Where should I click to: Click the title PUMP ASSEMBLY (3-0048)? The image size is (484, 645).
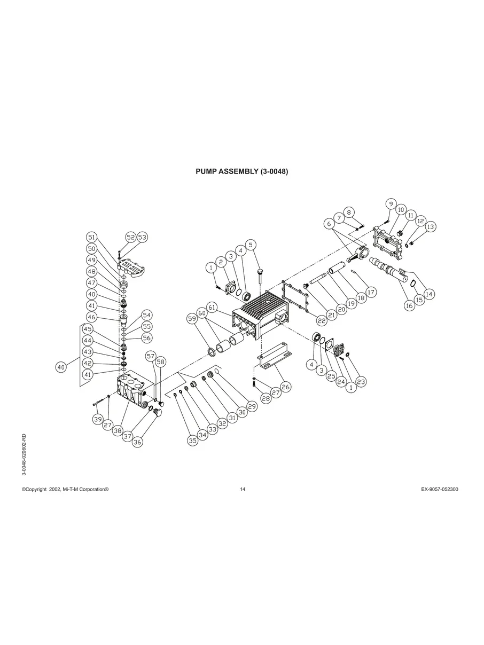pos(242,172)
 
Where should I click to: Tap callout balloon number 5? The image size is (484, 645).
pos(251,245)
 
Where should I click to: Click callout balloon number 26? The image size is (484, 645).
pos(286,387)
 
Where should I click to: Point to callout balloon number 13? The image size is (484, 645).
pos(431,226)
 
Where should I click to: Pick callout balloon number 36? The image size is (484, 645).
pos(138,442)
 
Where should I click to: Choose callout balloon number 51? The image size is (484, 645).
pos(92,237)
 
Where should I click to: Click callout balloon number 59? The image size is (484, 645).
pos(192,318)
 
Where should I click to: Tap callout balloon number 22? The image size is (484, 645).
pos(322,320)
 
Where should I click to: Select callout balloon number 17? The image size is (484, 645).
pos(371,292)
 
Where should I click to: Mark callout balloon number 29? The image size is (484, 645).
pos(252,406)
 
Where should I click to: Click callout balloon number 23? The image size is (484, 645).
pos(362,382)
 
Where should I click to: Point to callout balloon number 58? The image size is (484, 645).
pos(161,361)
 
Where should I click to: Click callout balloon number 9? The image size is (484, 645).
pos(391,204)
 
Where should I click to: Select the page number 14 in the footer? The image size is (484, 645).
pos(243,490)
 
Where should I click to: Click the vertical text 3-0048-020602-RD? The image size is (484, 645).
pos(24,453)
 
